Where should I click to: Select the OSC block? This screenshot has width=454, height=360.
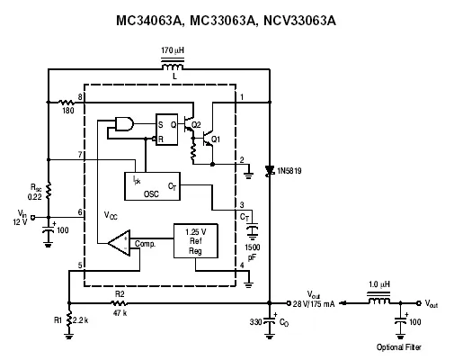coord(152,186)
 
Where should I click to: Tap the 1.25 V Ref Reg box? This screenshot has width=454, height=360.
coord(196,241)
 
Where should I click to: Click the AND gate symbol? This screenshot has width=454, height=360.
coord(124,123)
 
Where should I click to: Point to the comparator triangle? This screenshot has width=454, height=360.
coord(120,243)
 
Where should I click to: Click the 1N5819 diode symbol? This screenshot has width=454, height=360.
coord(270,171)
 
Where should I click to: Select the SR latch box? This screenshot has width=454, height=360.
coord(166,130)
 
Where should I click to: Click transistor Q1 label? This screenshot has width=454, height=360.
coord(216,139)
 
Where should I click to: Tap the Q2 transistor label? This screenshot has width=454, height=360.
coord(196,125)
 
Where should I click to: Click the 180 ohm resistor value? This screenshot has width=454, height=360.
coord(68,111)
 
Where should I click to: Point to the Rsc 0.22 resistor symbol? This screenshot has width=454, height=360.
coord(49,190)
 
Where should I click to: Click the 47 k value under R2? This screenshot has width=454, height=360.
coord(120,313)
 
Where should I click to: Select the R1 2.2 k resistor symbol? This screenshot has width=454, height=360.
coord(69,319)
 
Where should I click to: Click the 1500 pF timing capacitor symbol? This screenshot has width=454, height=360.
coord(253,230)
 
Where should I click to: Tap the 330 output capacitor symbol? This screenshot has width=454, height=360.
coord(270,321)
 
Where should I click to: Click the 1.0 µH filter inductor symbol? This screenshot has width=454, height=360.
coord(378,299)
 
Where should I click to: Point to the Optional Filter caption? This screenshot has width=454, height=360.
coord(399,347)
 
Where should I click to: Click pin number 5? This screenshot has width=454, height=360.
coord(80,265)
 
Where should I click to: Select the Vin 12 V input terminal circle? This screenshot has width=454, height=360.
coord(33,217)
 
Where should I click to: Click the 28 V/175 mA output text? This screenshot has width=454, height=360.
coord(314,304)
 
